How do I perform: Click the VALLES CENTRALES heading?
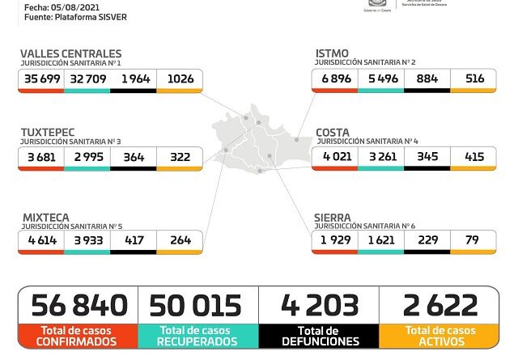click(70, 54)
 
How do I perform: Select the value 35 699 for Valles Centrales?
click(43, 79)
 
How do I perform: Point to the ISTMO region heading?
click(333, 54)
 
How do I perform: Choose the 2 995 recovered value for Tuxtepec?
click(87, 157)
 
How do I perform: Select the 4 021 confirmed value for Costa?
click(334, 157)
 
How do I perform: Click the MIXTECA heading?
click(45, 218)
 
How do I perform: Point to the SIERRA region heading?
click(333, 218)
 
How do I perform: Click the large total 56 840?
click(79, 306)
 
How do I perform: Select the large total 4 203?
click(319, 306)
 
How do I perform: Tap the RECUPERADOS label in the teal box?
click(198, 342)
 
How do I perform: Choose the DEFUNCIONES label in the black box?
click(319, 342)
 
